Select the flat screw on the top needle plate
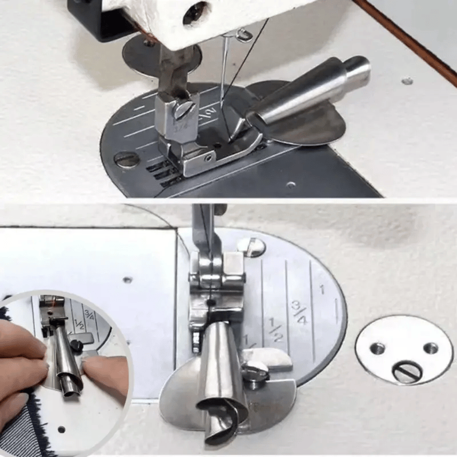(x=125, y=159)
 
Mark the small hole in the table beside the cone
(x=407, y=81)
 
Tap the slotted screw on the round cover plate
(x=407, y=372)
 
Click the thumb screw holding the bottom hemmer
(x=256, y=371)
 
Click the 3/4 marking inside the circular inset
(x=89, y=314)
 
